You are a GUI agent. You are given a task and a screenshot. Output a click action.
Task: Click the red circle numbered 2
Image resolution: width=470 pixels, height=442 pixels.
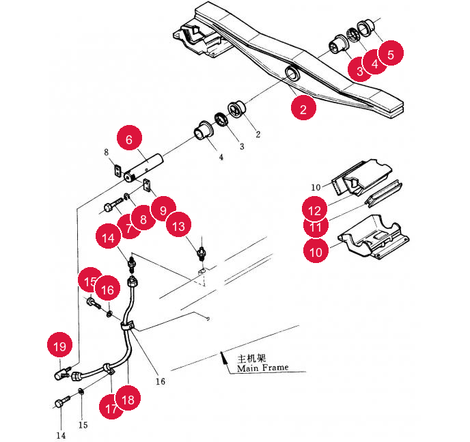[303, 108]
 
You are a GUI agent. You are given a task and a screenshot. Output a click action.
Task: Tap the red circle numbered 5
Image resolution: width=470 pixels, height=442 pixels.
[391, 53]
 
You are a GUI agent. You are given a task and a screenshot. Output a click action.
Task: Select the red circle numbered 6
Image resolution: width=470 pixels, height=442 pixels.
[129, 139]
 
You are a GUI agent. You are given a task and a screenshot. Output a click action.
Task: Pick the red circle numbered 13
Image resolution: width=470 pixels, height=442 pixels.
[179, 225]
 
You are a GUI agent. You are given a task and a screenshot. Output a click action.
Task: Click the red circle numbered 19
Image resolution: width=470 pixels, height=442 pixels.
[60, 344]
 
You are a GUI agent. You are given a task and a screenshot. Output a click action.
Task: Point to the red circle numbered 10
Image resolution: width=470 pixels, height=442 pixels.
[316, 251]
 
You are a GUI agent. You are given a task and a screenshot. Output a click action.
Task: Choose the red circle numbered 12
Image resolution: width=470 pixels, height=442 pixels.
[315, 209]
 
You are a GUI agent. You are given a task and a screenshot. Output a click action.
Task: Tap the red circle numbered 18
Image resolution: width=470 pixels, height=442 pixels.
[128, 398]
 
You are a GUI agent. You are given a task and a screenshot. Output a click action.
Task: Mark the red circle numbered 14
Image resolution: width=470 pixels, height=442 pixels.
[108, 236]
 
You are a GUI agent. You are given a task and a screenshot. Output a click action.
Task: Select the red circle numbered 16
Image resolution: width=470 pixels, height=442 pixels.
[108, 288]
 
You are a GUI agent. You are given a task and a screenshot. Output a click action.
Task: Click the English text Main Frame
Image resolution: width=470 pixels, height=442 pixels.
[262, 368]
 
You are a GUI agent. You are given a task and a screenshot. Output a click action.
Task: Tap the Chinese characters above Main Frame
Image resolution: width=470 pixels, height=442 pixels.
[252, 358]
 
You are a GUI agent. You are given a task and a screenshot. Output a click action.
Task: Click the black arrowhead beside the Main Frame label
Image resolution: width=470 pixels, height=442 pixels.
[223, 357]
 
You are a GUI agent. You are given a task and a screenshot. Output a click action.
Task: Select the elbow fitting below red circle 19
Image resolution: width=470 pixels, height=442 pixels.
[61, 374]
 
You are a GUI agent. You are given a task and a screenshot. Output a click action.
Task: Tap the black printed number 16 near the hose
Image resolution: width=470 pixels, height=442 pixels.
[161, 381]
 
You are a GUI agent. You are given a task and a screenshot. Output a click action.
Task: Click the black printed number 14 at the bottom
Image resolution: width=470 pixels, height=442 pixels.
[61, 435]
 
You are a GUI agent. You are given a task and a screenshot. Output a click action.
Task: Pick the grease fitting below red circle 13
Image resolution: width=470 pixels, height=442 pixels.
[202, 253]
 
